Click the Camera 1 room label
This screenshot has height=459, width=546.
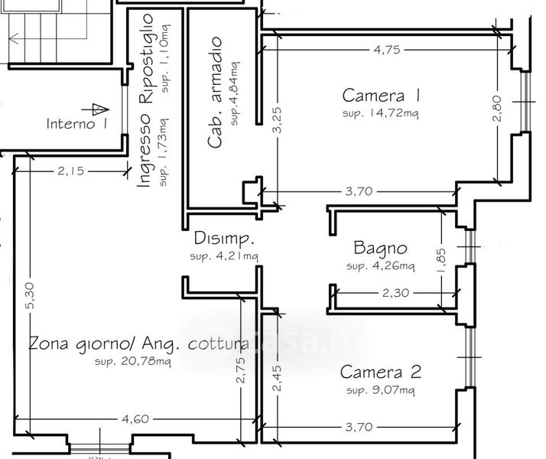point(381,96)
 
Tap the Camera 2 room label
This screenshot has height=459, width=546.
point(381,372)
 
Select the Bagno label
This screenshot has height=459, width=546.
point(380,248)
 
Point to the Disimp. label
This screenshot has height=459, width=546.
point(224,239)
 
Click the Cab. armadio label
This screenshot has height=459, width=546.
point(214,92)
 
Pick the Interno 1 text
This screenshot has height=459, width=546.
point(77,124)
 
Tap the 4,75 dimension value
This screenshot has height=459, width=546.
point(387,50)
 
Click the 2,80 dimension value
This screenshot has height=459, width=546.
point(497,109)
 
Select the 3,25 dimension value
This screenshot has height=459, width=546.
point(277,120)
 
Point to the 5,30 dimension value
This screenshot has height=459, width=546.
point(30,295)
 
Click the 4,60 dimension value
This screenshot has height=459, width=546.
point(135,418)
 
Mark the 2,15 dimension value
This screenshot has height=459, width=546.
point(71,171)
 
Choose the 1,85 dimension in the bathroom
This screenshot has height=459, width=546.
point(440,261)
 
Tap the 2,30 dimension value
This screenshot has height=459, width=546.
point(395,293)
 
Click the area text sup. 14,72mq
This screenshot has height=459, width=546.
point(381,113)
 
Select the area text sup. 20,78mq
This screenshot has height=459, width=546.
point(133,361)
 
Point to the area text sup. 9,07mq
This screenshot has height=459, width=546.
point(381,389)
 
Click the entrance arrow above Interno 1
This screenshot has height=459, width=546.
point(95,109)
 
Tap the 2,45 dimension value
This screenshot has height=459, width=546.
point(277,378)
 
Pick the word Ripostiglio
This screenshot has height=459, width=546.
point(145,58)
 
